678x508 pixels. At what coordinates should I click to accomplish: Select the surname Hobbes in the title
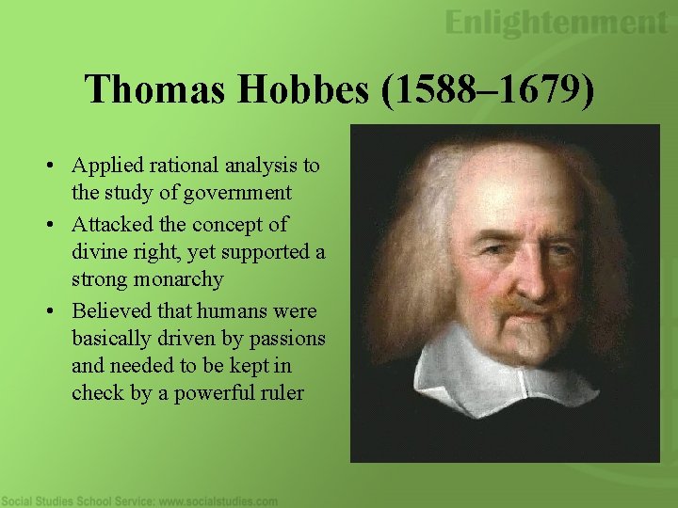(289, 89)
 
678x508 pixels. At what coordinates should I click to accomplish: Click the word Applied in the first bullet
(106, 166)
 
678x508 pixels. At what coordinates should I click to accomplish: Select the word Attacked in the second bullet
(111, 225)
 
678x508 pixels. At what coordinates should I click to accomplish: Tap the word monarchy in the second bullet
(179, 279)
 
